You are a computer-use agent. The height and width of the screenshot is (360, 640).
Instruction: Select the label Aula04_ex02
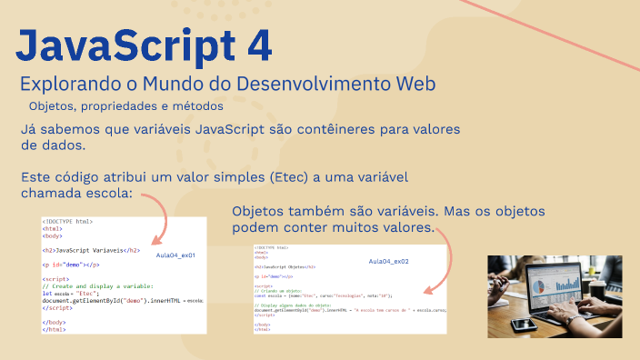click(389, 262)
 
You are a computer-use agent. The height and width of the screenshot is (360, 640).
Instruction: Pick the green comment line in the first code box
click(85, 286)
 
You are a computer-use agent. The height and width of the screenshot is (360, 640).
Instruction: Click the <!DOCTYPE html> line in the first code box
click(67, 221)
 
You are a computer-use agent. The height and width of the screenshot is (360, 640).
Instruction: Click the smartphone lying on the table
click(524, 324)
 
